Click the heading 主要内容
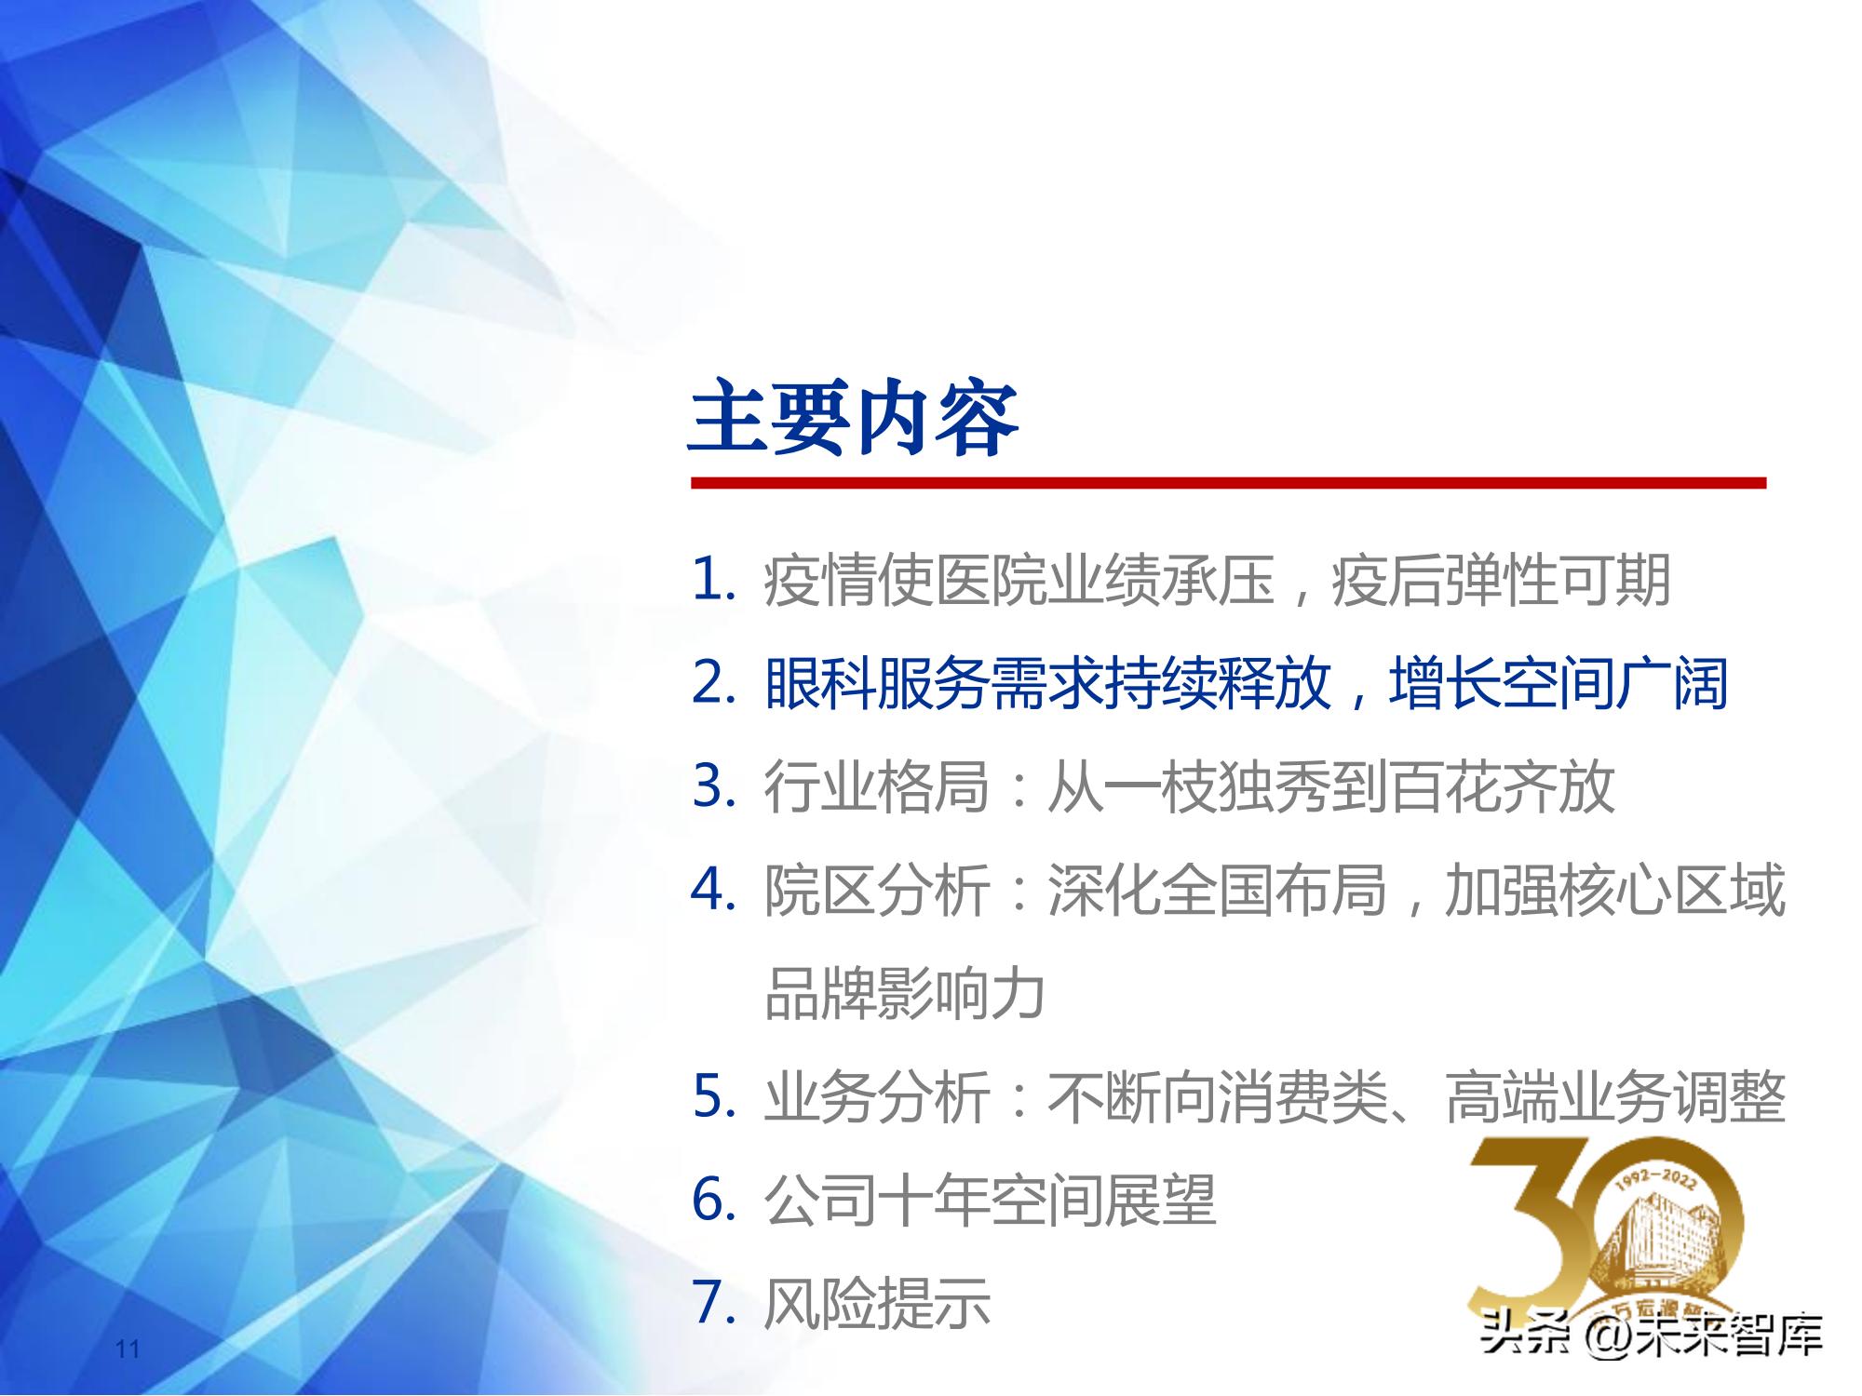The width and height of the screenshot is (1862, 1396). pyautogui.click(x=853, y=419)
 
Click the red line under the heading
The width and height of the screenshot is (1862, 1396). pyautogui.click(x=1228, y=483)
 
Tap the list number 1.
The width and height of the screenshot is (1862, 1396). pyautogui.click(x=714, y=580)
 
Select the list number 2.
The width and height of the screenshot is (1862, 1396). pyautogui.click(x=714, y=683)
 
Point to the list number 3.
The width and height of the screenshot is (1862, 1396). pyautogui.click(x=714, y=786)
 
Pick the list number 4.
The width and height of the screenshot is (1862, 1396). pyautogui.click(x=714, y=890)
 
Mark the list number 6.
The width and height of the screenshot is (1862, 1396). pyautogui.click(x=714, y=1200)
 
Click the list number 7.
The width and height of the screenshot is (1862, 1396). pyautogui.click(x=714, y=1303)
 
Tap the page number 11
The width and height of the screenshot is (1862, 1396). pyautogui.click(x=128, y=1349)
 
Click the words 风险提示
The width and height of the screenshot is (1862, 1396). pyautogui.click(x=876, y=1303)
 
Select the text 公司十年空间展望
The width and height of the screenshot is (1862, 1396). pyautogui.click(x=990, y=1200)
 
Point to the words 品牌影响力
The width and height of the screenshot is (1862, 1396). pyautogui.click(x=904, y=993)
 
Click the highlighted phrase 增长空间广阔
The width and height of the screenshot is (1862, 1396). pyautogui.click(x=1558, y=683)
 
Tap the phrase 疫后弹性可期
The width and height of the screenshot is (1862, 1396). pyautogui.click(x=1501, y=580)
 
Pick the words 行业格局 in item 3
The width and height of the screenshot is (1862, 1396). pyautogui.click(x=876, y=786)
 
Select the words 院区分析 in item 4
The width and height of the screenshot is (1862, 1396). pyautogui.click(x=876, y=890)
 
